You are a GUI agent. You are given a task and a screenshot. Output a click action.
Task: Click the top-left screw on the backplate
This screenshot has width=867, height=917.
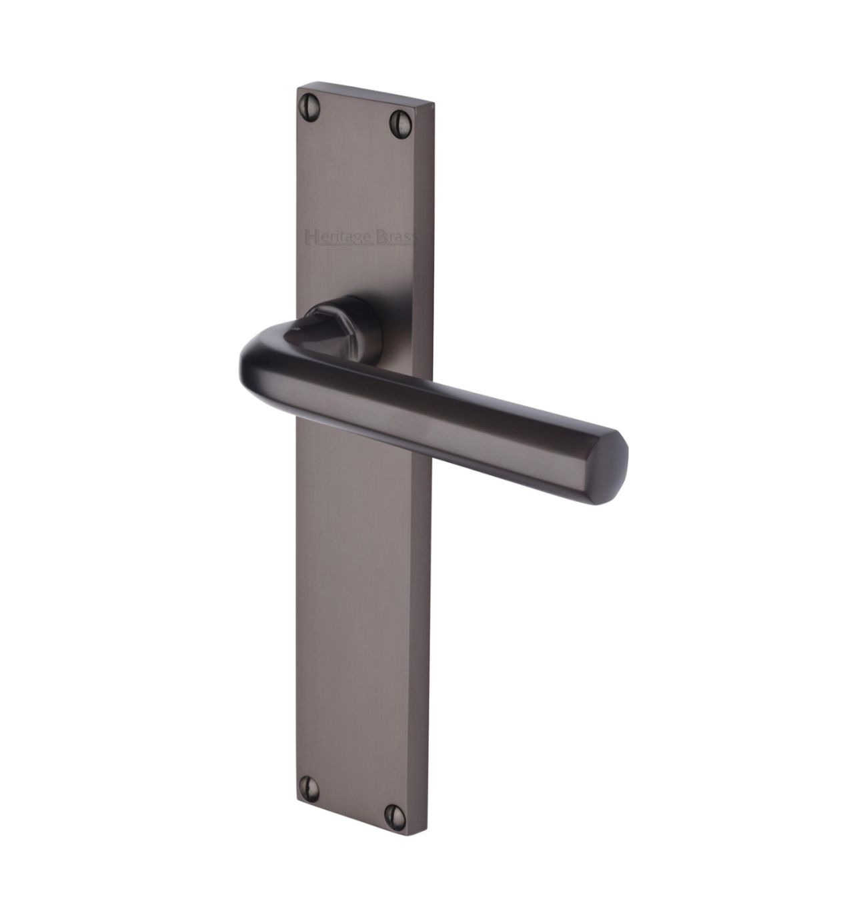tap(309, 107)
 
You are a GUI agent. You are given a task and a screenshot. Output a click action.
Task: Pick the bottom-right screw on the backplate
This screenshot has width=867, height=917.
tap(395, 817)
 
